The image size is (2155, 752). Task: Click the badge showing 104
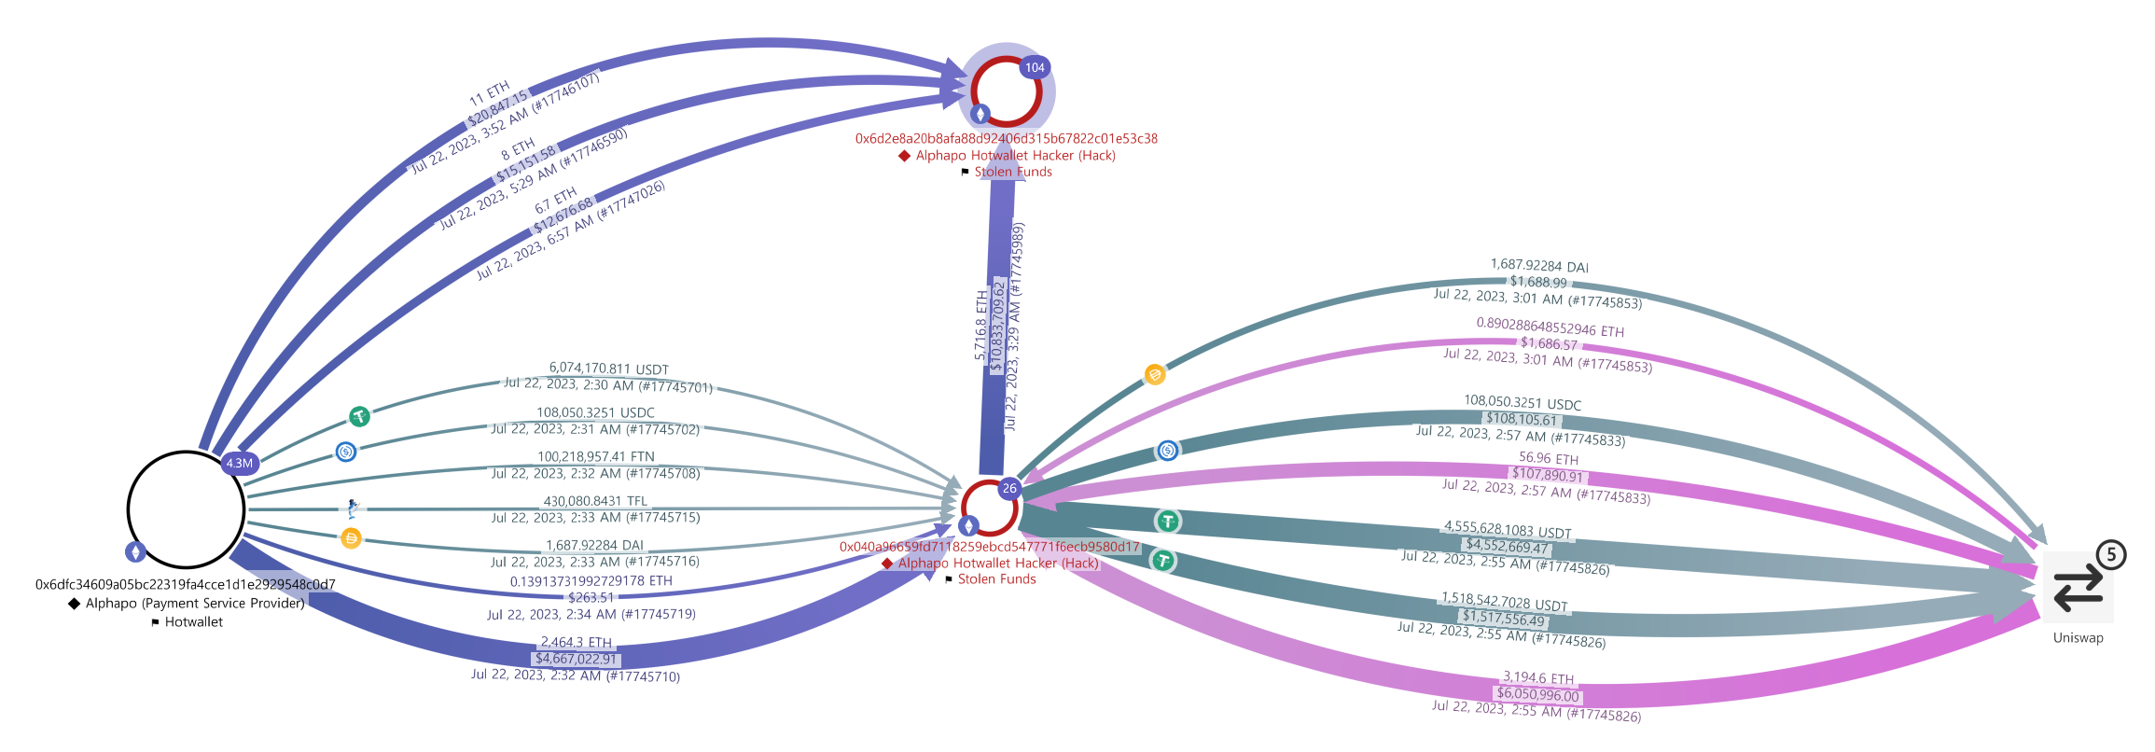(x=1035, y=67)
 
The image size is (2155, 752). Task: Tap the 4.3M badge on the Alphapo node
(x=239, y=463)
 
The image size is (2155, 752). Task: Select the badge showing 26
(x=1009, y=488)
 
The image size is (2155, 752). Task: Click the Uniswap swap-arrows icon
(x=2079, y=588)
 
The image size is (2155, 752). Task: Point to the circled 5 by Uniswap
(x=2111, y=555)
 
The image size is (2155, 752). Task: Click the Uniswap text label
(x=2079, y=638)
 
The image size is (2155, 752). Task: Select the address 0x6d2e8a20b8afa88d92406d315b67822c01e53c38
(x=1006, y=138)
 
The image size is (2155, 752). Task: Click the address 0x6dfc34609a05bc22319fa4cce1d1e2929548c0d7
(x=186, y=585)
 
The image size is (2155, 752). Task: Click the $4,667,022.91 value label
(x=576, y=659)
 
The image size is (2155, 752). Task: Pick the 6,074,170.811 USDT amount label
(x=608, y=369)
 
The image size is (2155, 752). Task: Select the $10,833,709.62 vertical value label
(x=998, y=325)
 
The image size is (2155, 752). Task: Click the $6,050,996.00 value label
(x=1537, y=694)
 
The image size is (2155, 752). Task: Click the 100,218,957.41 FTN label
(x=595, y=456)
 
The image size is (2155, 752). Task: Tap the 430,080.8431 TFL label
(x=595, y=501)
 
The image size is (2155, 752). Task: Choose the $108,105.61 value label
(x=1522, y=419)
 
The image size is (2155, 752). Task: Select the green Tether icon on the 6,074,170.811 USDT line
(x=359, y=416)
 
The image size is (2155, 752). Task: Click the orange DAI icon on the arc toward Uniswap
(x=1155, y=375)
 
